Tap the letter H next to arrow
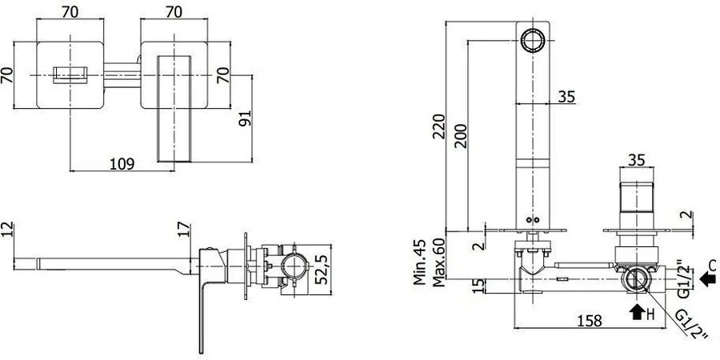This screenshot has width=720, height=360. tap(652, 314)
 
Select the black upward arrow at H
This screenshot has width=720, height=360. tap(637, 312)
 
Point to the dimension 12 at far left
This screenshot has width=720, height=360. tap(9, 230)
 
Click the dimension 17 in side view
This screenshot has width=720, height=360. tap(184, 230)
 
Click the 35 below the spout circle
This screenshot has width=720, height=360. tap(566, 97)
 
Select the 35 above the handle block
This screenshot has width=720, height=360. tap(637, 159)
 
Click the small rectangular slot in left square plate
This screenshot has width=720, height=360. tap(69, 76)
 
